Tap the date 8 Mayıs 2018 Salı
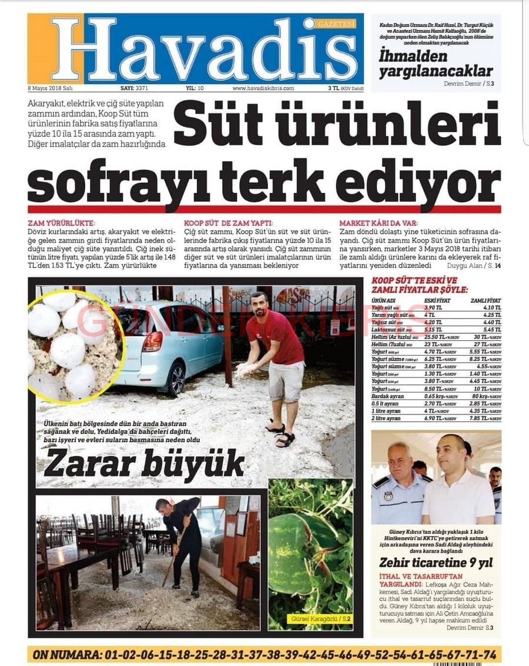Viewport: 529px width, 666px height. [x=50, y=88]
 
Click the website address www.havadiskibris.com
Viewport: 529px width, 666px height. [x=263, y=88]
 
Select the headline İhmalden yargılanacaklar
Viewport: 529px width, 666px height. [x=436, y=64]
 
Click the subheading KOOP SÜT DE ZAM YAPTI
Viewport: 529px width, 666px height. [x=229, y=223]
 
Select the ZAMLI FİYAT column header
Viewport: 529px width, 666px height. [x=486, y=300]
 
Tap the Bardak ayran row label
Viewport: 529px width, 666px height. [x=389, y=396]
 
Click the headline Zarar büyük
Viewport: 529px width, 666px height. [x=144, y=464]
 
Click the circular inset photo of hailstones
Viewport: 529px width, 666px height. [x=73, y=345]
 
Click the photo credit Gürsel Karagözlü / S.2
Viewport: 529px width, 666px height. [x=320, y=619]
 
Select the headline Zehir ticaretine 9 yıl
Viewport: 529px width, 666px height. [x=436, y=563]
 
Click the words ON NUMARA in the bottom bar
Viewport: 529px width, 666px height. [x=65, y=655]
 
